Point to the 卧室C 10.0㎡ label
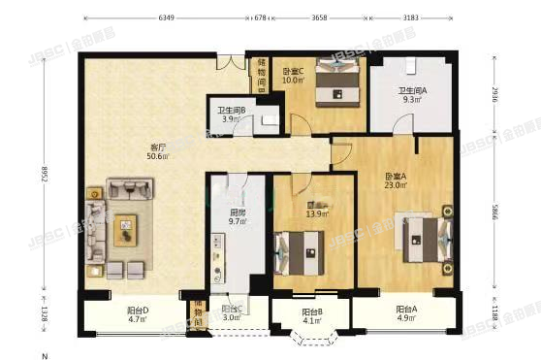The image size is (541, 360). tap(294, 76)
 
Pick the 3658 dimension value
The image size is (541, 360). tap(326, 17)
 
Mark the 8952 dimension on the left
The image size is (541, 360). tap(60, 175)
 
